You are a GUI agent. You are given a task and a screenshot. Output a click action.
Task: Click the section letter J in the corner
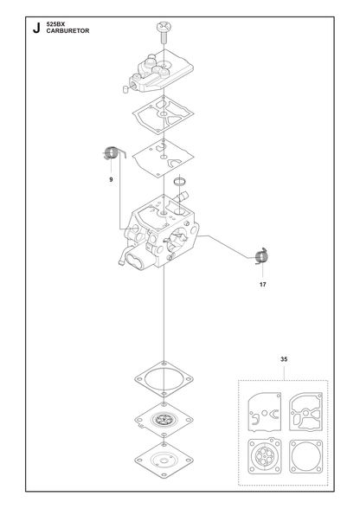[x=36, y=28]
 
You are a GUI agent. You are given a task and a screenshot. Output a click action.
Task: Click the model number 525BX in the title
[x=56, y=24]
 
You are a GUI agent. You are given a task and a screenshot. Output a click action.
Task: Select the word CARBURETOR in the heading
[x=67, y=31]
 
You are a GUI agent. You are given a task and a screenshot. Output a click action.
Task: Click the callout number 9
[x=111, y=179]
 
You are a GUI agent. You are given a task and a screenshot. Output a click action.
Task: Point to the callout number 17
[x=262, y=285]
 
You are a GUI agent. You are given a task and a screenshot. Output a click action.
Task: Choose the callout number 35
[x=284, y=359]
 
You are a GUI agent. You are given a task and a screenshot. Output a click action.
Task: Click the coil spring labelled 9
[x=112, y=153]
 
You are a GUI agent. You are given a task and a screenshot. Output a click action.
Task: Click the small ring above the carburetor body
[x=179, y=181]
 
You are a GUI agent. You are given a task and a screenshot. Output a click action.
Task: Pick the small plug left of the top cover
[x=126, y=89]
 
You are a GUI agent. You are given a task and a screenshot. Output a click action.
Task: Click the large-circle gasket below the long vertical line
[x=164, y=379]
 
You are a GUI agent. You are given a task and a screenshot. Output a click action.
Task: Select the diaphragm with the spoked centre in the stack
[x=164, y=420]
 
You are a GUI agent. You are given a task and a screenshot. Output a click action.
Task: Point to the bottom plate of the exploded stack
[x=164, y=460]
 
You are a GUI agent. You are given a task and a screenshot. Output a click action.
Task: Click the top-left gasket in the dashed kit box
[x=265, y=412]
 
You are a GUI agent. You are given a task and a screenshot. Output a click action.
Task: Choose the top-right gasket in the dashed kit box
[x=305, y=412]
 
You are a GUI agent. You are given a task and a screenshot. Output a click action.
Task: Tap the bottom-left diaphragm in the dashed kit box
[x=265, y=455]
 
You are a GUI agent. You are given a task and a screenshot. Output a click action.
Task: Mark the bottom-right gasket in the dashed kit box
[x=305, y=456]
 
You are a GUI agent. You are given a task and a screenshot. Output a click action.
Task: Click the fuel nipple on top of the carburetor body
[x=183, y=197]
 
